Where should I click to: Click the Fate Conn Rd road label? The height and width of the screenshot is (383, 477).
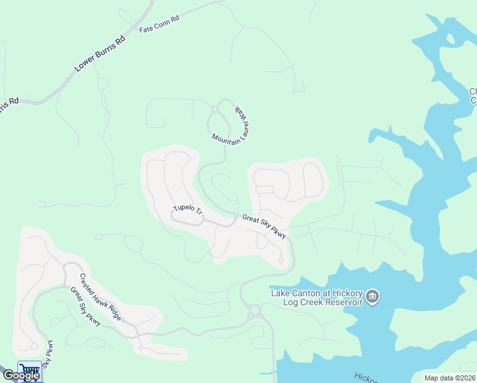point(159,29)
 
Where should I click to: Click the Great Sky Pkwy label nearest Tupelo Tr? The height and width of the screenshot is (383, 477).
point(264,226)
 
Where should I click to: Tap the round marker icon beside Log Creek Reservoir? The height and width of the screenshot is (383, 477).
point(374,297)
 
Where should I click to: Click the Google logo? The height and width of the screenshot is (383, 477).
point(21,375)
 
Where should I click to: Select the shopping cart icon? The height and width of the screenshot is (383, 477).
point(29,370)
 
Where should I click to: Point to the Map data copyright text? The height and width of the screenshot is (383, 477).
point(450,378)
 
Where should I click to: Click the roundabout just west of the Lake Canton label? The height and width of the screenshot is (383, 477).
point(255,311)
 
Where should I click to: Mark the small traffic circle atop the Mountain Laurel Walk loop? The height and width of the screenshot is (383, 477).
point(215,109)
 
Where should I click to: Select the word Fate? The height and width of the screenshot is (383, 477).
point(147,30)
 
